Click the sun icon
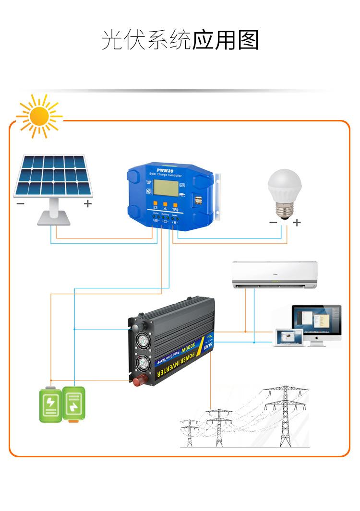pyautogui.click(x=39, y=116)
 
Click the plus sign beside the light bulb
pyautogui.click(x=297, y=222)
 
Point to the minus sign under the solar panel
pyautogui.click(x=20, y=203)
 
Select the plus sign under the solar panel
pyautogui.click(x=87, y=203)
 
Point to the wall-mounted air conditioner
pyautogui.click(x=275, y=275)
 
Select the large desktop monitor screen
pyautogui.click(x=317, y=320)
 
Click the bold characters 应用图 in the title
pyautogui.click(x=226, y=40)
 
